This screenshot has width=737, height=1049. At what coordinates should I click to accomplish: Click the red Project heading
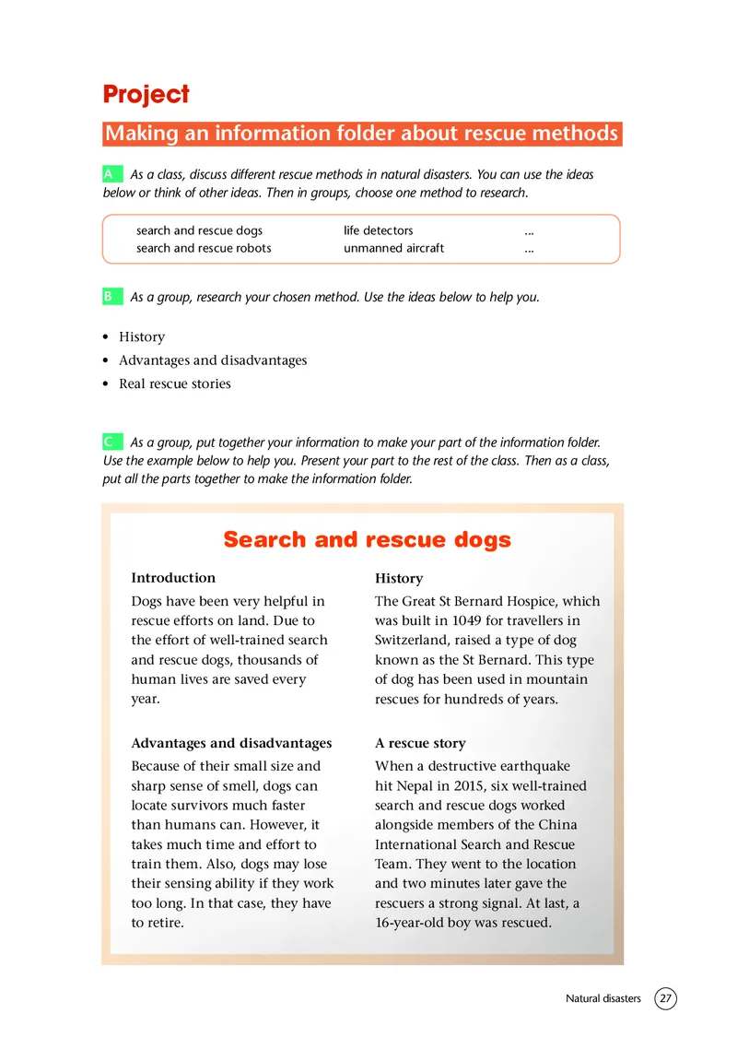(x=146, y=94)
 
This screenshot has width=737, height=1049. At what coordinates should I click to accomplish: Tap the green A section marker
(x=110, y=174)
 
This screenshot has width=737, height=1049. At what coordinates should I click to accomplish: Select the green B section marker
(x=110, y=297)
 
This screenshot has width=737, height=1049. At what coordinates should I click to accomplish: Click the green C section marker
(x=110, y=442)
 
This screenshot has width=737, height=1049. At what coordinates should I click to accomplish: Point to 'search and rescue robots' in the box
(x=204, y=248)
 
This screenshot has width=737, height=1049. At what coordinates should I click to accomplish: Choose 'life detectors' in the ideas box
(x=379, y=230)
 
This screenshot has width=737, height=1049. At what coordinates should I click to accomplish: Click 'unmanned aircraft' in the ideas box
(x=393, y=248)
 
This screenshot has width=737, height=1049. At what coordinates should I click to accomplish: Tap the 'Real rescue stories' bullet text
(x=175, y=383)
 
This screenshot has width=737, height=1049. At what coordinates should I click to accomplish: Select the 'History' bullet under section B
(x=142, y=337)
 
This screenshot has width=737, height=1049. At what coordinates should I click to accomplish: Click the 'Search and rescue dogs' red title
(x=367, y=539)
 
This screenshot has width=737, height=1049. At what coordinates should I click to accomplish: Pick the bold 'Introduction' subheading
(x=173, y=578)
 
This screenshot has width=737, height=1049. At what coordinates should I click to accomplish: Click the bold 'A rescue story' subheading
(x=420, y=743)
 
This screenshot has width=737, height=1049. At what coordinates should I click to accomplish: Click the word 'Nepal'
(x=411, y=786)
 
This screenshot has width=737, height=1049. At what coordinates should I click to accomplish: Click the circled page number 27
(x=665, y=998)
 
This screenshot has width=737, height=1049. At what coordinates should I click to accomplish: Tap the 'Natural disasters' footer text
(x=602, y=998)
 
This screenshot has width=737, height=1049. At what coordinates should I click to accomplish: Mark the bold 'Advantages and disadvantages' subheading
(x=231, y=743)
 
